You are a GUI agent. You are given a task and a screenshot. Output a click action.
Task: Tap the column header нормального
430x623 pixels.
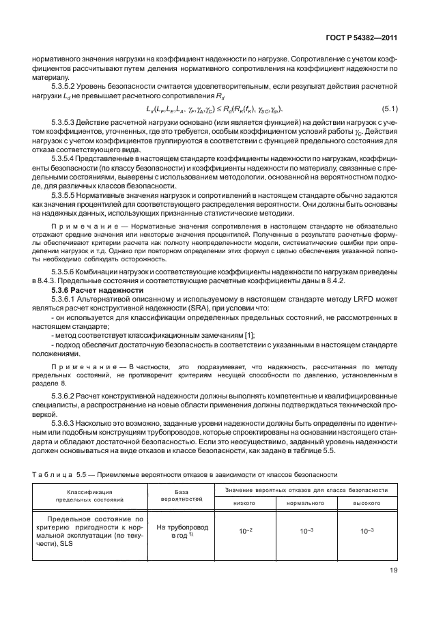point(304,502)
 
